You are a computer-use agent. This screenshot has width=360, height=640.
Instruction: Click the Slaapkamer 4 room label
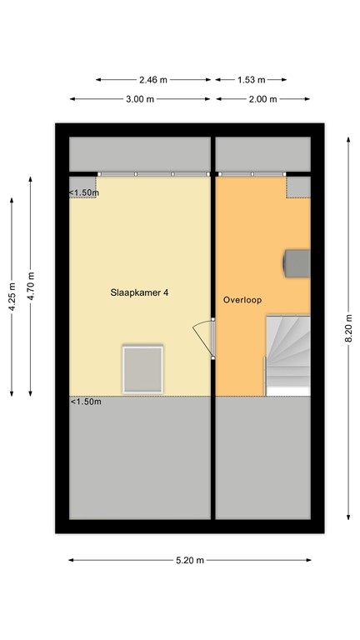coord(140,293)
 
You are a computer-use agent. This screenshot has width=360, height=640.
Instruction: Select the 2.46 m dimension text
coord(152,80)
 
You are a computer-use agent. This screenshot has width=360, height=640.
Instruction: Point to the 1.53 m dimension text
coord(251,80)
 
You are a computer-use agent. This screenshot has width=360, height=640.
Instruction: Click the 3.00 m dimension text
coord(140,99)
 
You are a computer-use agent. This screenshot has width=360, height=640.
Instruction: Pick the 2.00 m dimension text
coord(262,99)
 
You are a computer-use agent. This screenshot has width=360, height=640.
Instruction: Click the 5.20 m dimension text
coord(190,560)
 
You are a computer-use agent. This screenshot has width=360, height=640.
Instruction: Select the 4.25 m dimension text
coord(12,296)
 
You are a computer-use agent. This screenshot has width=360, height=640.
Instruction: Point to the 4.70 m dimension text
coord(31,286)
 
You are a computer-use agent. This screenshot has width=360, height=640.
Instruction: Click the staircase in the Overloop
coord(287,355)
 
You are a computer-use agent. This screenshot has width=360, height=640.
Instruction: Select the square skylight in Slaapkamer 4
coord(142,369)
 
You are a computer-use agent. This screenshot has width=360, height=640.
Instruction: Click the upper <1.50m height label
coord(84,193)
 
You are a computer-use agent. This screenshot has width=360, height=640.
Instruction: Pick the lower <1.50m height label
coord(86,402)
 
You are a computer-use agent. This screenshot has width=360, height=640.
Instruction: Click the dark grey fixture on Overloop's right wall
coord(297,262)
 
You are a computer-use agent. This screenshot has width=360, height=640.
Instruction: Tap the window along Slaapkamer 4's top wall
coord(152,174)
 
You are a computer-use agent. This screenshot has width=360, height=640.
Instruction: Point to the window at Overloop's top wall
coord(252,174)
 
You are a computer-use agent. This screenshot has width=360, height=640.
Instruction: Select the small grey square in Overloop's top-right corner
coord(297,186)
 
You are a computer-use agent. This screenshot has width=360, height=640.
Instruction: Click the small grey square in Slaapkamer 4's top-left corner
coord(82,182)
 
